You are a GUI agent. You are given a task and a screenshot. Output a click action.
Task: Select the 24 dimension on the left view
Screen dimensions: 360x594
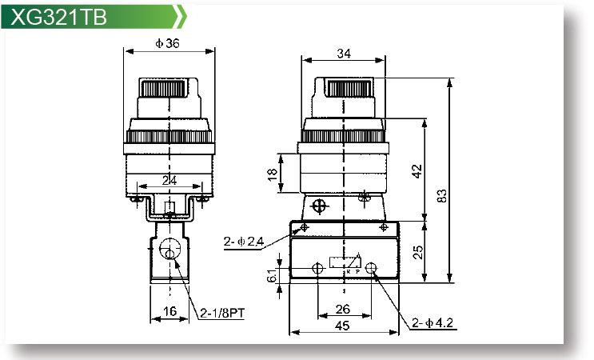(x=169, y=181)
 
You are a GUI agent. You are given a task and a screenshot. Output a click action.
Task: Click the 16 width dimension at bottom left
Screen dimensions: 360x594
(x=168, y=311)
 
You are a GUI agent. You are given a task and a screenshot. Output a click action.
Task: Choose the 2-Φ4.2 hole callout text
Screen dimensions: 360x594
(x=433, y=323)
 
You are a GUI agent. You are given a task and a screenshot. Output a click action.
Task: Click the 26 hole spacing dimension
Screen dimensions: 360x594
(x=344, y=309)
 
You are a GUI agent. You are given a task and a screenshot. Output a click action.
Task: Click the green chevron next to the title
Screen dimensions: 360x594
(x=183, y=15)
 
